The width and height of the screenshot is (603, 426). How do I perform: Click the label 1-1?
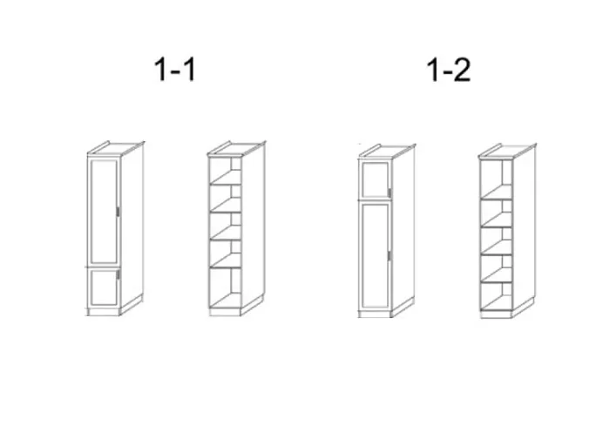[175, 70]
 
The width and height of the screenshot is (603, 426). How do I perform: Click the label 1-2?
[449, 70]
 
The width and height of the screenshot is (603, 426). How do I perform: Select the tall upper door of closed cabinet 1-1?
[104, 211]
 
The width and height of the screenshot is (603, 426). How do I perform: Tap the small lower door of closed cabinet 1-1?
[104, 287]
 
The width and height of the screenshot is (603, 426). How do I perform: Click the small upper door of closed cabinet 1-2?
[376, 179]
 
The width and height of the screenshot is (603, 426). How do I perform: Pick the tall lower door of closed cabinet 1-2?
[376, 255]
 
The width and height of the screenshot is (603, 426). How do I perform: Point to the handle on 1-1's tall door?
[118, 212]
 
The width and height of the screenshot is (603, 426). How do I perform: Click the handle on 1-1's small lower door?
[118, 274]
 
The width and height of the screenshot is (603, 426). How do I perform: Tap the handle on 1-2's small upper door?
[390, 193]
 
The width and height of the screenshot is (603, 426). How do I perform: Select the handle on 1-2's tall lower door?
[390, 255]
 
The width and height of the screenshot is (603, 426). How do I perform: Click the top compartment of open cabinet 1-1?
[225, 171]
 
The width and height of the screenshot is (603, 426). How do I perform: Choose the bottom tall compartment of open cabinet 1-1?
[225, 287]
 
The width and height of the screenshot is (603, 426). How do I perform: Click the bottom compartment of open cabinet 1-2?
[496, 296]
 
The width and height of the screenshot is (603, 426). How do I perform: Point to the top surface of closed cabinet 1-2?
[387, 151]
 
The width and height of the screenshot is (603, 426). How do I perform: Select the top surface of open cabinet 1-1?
[236, 148]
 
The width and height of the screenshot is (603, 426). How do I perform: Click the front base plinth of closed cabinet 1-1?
[103, 312]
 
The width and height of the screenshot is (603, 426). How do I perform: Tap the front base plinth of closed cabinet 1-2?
[375, 314]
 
